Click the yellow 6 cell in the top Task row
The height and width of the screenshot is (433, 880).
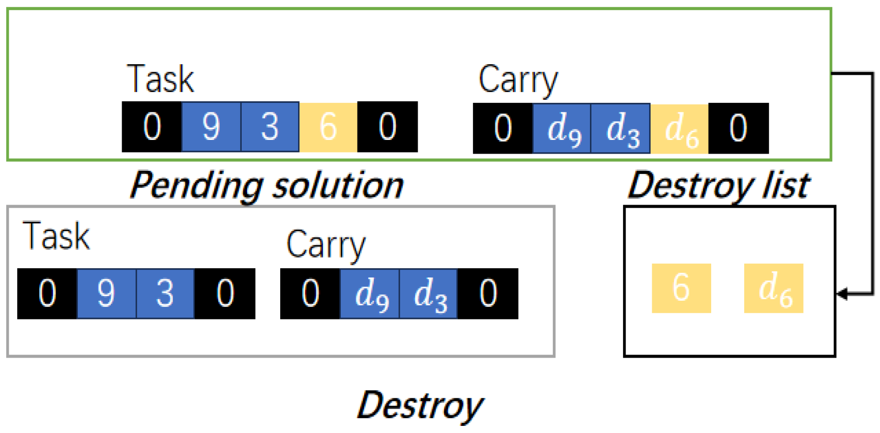328,127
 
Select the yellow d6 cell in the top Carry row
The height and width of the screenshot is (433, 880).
680,128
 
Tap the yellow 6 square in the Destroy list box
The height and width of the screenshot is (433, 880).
681,288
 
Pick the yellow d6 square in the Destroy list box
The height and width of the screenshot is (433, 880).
773,288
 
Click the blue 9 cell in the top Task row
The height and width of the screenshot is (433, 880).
211,127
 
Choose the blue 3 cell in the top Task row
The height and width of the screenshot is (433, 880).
270,127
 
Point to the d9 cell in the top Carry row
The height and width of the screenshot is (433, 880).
562,128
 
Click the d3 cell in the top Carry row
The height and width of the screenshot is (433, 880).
621,128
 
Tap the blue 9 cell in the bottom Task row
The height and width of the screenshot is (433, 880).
106,294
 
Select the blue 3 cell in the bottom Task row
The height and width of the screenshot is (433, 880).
165,294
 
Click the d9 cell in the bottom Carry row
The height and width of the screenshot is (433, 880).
370,294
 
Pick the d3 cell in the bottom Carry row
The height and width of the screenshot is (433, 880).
429,294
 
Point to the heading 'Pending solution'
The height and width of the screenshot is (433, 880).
267,185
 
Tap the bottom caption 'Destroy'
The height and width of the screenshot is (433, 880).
420,406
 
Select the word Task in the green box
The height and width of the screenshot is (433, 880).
160,79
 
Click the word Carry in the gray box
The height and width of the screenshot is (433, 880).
326,245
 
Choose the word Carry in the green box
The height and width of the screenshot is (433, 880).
518,80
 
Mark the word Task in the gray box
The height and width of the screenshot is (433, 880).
56,236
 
